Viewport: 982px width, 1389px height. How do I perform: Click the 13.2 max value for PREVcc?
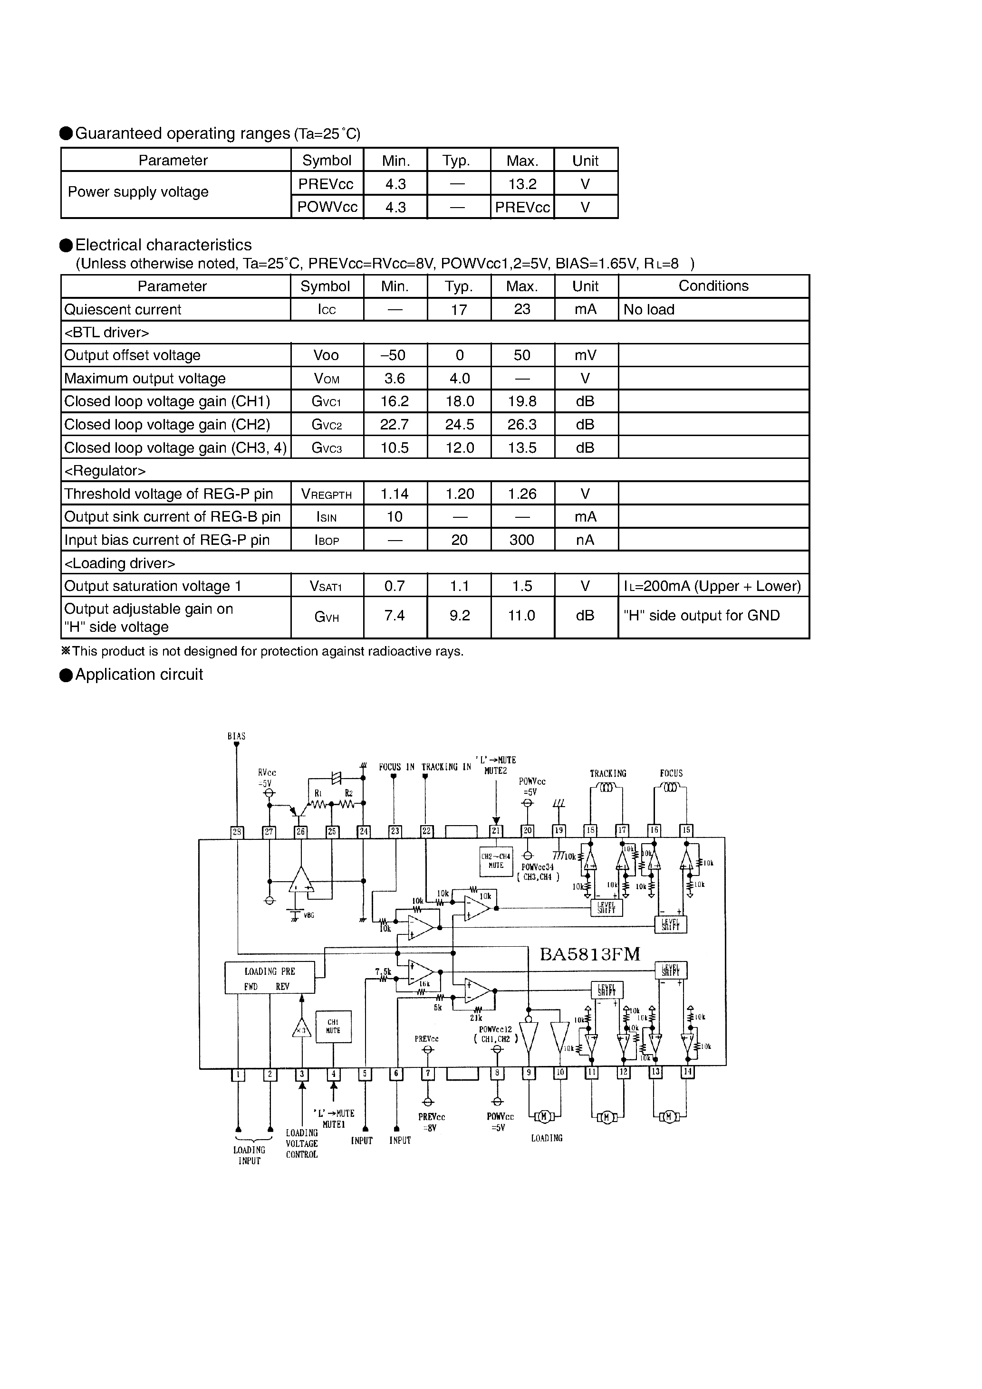(x=522, y=184)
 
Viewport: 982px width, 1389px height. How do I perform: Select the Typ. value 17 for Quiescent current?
(x=459, y=310)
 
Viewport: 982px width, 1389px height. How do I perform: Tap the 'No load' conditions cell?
(x=649, y=310)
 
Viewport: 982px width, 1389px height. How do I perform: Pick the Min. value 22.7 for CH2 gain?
(x=395, y=425)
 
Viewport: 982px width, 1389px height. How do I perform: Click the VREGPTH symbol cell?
(x=327, y=494)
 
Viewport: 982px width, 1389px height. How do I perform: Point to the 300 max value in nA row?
(x=522, y=540)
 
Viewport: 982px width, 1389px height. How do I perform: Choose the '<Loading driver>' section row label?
(x=120, y=563)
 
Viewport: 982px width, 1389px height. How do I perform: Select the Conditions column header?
(x=713, y=286)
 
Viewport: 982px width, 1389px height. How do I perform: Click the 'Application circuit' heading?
(x=139, y=675)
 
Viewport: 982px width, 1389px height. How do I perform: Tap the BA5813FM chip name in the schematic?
(x=590, y=955)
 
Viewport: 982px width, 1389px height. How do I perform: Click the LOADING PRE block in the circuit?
(x=270, y=978)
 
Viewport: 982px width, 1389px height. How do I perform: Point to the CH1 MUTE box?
(x=333, y=1027)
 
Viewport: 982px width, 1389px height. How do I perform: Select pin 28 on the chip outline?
(x=237, y=832)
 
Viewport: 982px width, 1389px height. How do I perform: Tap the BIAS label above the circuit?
(x=237, y=736)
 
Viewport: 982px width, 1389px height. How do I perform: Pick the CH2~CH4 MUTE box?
(x=496, y=861)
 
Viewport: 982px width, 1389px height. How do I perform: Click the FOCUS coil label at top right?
(x=671, y=774)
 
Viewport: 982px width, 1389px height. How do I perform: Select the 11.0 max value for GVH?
(x=522, y=616)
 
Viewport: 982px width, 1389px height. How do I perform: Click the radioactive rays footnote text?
(x=266, y=652)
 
